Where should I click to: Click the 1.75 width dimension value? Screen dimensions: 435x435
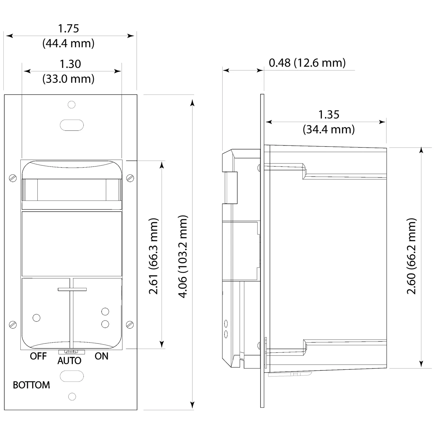coord(68,29)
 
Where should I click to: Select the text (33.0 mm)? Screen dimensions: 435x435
coord(68,79)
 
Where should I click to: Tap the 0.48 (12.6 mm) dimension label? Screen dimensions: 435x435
coord(307,63)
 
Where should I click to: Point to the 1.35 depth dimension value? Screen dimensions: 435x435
coord(329,115)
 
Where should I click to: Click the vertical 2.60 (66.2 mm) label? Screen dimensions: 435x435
coord(411,256)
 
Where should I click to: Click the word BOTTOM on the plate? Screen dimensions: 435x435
coord(31,385)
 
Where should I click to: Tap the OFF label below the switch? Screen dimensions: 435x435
coord(38,356)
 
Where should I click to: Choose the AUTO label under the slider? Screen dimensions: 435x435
coord(69,361)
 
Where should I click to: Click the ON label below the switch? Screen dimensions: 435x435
coord(101,356)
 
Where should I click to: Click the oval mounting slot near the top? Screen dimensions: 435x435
coord(72,124)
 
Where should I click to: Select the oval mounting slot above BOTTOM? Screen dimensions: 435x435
coord(72,376)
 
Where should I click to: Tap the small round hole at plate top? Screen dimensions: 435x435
coord(71,104)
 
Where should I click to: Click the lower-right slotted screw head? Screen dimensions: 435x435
coord(130,324)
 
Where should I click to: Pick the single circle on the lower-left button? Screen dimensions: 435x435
coord(36,318)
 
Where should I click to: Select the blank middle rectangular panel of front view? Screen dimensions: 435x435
coord(71,244)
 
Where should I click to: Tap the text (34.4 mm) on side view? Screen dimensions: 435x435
coord(329,129)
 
